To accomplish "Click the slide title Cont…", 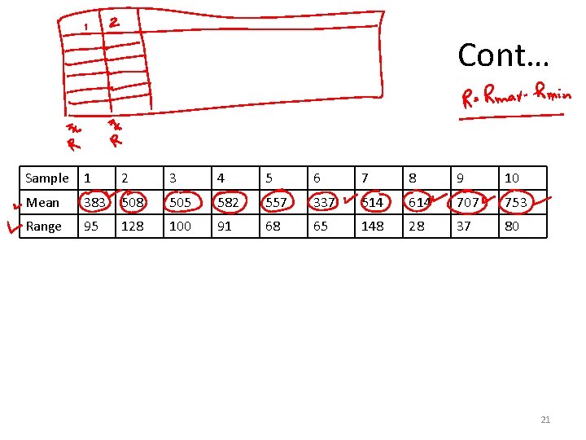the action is click(x=503, y=55).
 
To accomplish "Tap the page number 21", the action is click(x=545, y=420).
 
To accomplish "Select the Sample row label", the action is click(x=47, y=178).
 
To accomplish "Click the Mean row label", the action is click(x=42, y=202).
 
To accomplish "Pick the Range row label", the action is click(x=43, y=227).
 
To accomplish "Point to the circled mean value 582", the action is click(x=227, y=202).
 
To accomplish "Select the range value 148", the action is click(x=372, y=227).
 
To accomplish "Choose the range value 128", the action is click(x=132, y=227).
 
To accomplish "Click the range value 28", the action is click(x=416, y=227).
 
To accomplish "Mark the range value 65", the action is click(x=321, y=227).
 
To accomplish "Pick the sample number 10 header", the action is click(x=512, y=178).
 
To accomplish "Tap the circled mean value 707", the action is click(x=468, y=202).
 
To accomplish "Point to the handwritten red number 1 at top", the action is click(x=86, y=29).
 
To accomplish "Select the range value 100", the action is click(x=179, y=227).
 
